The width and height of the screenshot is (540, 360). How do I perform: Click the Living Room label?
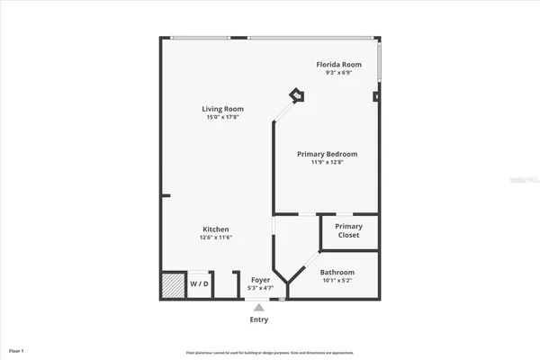[x=222, y=109]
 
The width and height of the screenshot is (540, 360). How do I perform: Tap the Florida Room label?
[x=338, y=65]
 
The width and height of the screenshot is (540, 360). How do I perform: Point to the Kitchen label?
[x=215, y=229]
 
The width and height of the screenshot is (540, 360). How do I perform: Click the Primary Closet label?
[x=348, y=230]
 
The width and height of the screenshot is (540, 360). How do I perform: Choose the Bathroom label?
[x=337, y=272]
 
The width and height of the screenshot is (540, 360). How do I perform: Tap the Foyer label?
[x=259, y=280]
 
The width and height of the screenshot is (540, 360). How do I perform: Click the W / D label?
[x=199, y=284]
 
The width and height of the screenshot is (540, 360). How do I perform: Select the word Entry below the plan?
[x=258, y=319]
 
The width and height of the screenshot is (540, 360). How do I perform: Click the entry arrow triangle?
[x=259, y=307]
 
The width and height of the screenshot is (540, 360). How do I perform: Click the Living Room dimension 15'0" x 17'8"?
[x=222, y=117]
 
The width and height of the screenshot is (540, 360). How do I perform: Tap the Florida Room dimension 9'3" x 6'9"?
[x=338, y=73]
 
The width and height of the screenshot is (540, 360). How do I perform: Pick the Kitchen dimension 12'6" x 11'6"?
[x=215, y=238]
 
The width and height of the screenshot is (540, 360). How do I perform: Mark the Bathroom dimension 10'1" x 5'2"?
[x=337, y=280]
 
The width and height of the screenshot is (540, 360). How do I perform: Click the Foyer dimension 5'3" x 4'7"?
[x=259, y=288]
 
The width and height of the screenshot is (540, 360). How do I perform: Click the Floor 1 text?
[x=16, y=350]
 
